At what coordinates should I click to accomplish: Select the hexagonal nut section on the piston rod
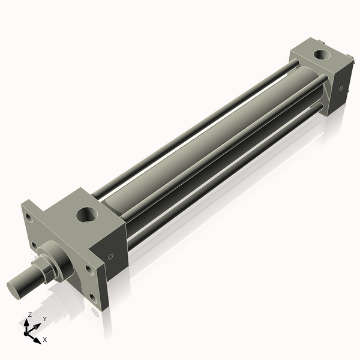[x=43, y=270]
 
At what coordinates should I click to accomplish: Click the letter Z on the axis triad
[x=29, y=315]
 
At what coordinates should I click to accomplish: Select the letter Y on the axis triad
[x=44, y=319]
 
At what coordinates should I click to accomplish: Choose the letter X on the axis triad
[x=45, y=340]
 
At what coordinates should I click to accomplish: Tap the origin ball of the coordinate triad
[x=28, y=332]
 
